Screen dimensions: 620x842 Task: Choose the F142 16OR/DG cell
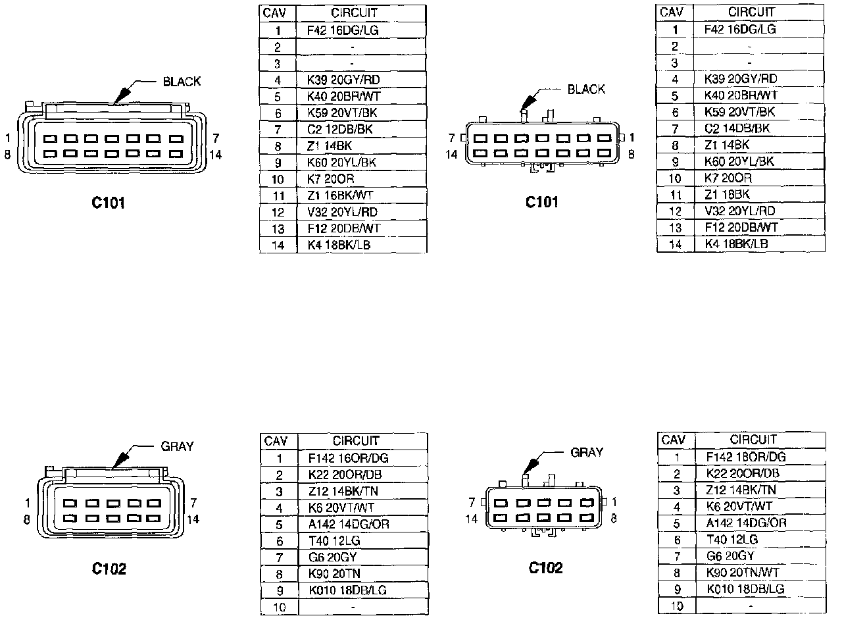coord(347,458)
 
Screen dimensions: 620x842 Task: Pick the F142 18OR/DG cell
coord(746,457)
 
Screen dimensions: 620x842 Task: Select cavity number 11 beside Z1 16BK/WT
coord(278,195)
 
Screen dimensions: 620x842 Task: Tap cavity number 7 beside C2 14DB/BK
coord(675,128)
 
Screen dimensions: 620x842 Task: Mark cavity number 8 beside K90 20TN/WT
coord(677,573)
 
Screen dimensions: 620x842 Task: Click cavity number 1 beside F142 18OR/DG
coord(677,457)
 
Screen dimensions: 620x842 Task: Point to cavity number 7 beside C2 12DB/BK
coord(278,129)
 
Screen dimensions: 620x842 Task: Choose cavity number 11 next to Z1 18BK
coord(675,194)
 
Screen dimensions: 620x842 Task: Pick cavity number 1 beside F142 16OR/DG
coord(279,458)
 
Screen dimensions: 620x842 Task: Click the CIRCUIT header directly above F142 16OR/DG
coord(356,441)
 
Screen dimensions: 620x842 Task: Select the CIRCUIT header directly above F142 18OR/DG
coord(753,440)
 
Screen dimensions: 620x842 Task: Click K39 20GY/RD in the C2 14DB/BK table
coord(740,79)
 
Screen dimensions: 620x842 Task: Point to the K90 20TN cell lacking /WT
coord(334,573)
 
